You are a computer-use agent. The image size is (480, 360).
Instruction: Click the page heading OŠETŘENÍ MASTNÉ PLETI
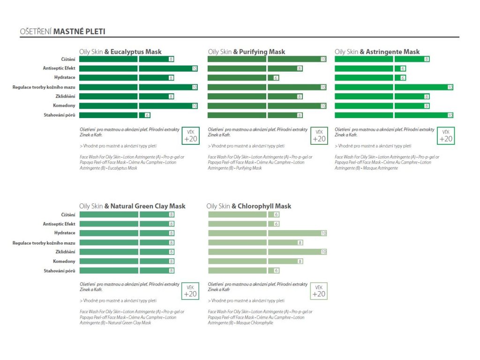tap(62, 32)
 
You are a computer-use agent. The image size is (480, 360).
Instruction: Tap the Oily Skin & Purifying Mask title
tap(247, 52)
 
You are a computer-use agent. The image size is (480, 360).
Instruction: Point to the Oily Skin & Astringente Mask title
tap(377, 52)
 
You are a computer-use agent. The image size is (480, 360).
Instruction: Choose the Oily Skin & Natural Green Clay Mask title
tap(132, 206)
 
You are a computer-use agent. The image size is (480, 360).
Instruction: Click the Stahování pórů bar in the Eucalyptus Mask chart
tap(115, 115)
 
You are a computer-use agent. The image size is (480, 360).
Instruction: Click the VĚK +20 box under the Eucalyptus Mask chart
tap(190, 135)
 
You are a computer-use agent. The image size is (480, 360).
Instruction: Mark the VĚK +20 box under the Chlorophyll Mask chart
tap(319, 291)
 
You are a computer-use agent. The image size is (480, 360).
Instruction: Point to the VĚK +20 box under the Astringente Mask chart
tap(446, 135)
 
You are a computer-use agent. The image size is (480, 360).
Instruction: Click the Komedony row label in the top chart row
tap(64, 105)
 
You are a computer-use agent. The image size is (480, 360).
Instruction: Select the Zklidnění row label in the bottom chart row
tap(65, 252)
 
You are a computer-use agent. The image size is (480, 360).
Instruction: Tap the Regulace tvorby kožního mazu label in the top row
tap(44, 87)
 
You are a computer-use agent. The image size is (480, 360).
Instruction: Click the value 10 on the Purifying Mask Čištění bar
tap(323, 59)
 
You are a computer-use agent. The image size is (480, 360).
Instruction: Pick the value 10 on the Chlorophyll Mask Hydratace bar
tap(323, 233)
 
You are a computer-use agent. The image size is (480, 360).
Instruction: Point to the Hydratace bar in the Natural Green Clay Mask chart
tap(127, 233)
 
